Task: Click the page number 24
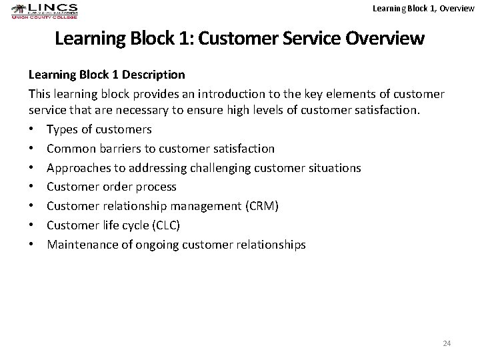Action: [447, 343]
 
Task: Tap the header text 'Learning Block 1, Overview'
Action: [424, 8]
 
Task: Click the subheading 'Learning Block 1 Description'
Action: [106, 73]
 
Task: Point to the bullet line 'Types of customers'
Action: [99, 129]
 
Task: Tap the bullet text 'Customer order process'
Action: [111, 187]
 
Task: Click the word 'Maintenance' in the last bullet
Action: [79, 245]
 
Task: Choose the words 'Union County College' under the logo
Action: [44, 17]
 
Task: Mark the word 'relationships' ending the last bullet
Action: [273, 245]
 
